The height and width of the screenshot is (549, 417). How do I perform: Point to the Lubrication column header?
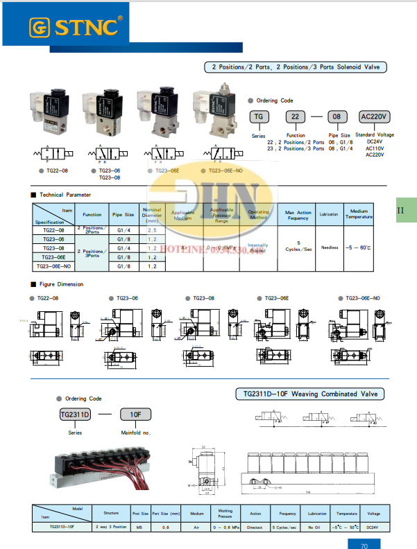[329, 215]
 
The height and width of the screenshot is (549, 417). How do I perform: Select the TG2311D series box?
[76, 415]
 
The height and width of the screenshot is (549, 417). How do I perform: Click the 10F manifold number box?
[135, 415]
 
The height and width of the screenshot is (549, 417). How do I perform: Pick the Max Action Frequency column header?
[298, 215]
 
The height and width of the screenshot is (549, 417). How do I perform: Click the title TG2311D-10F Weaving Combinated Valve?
[309, 394]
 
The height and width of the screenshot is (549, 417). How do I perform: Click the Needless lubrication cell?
[329, 247]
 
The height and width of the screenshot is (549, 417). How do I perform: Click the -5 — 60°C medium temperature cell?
[359, 247]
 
